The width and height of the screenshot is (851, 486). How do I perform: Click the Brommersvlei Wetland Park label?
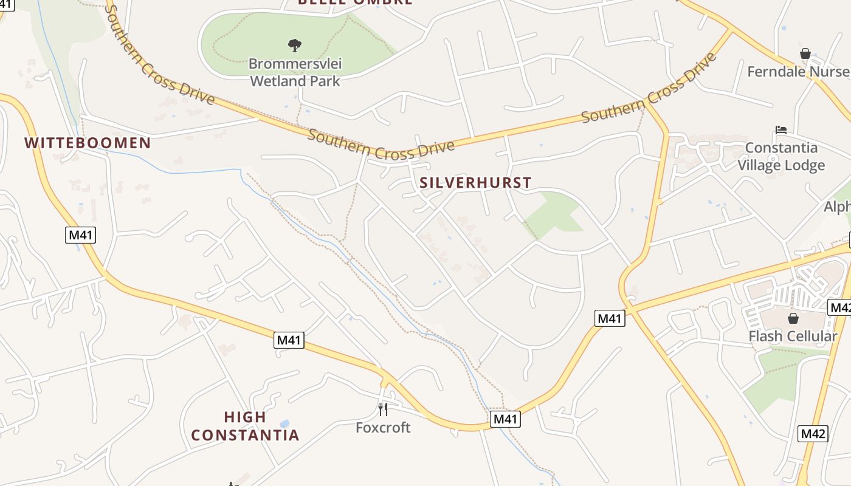click(295, 72)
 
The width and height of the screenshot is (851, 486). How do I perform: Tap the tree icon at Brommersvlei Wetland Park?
click(295, 45)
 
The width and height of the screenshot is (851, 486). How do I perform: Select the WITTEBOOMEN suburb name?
click(88, 143)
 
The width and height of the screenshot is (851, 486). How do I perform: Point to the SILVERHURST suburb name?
click(475, 182)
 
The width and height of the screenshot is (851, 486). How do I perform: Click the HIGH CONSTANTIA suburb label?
click(245, 426)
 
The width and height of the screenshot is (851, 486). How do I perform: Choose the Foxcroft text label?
click(383, 428)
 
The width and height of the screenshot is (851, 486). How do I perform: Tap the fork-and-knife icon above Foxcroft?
click(383, 409)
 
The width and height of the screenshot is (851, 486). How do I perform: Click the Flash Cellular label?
click(793, 336)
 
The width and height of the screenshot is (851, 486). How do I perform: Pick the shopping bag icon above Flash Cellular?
click(793, 318)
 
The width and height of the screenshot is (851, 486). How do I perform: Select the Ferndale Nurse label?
click(798, 72)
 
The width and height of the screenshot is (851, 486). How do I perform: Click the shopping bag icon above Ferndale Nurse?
click(805, 53)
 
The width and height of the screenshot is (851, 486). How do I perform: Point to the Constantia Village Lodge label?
click(781, 156)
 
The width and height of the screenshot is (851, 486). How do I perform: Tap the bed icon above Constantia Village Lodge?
click(781, 129)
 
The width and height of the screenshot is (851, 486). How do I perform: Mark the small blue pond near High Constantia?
click(284, 423)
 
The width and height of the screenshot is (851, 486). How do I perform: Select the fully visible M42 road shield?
click(813, 434)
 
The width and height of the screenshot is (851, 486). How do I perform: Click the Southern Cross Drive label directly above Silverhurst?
click(381, 144)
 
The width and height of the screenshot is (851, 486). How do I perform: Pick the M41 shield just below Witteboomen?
click(81, 234)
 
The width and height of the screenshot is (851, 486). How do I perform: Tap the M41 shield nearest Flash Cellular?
click(610, 318)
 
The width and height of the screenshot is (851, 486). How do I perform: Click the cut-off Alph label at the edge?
click(837, 207)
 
